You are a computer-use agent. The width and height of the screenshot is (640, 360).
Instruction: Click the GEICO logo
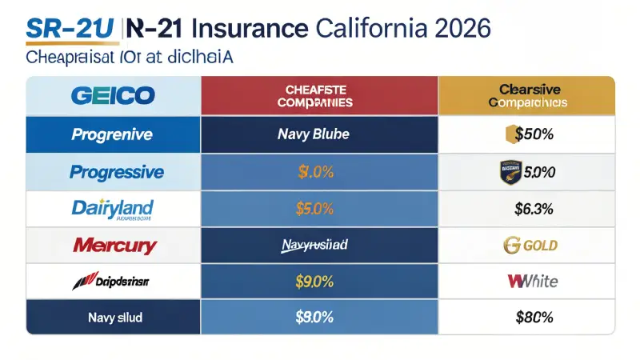(x=112, y=96)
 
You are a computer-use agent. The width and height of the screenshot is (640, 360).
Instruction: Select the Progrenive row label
(x=112, y=134)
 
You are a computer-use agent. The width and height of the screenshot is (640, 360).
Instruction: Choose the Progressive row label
(x=117, y=172)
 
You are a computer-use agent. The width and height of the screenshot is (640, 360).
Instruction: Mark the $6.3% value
(x=534, y=210)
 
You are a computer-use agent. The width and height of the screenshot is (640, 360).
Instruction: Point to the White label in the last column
(x=533, y=281)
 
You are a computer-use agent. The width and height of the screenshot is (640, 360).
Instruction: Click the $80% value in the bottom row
(x=534, y=317)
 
